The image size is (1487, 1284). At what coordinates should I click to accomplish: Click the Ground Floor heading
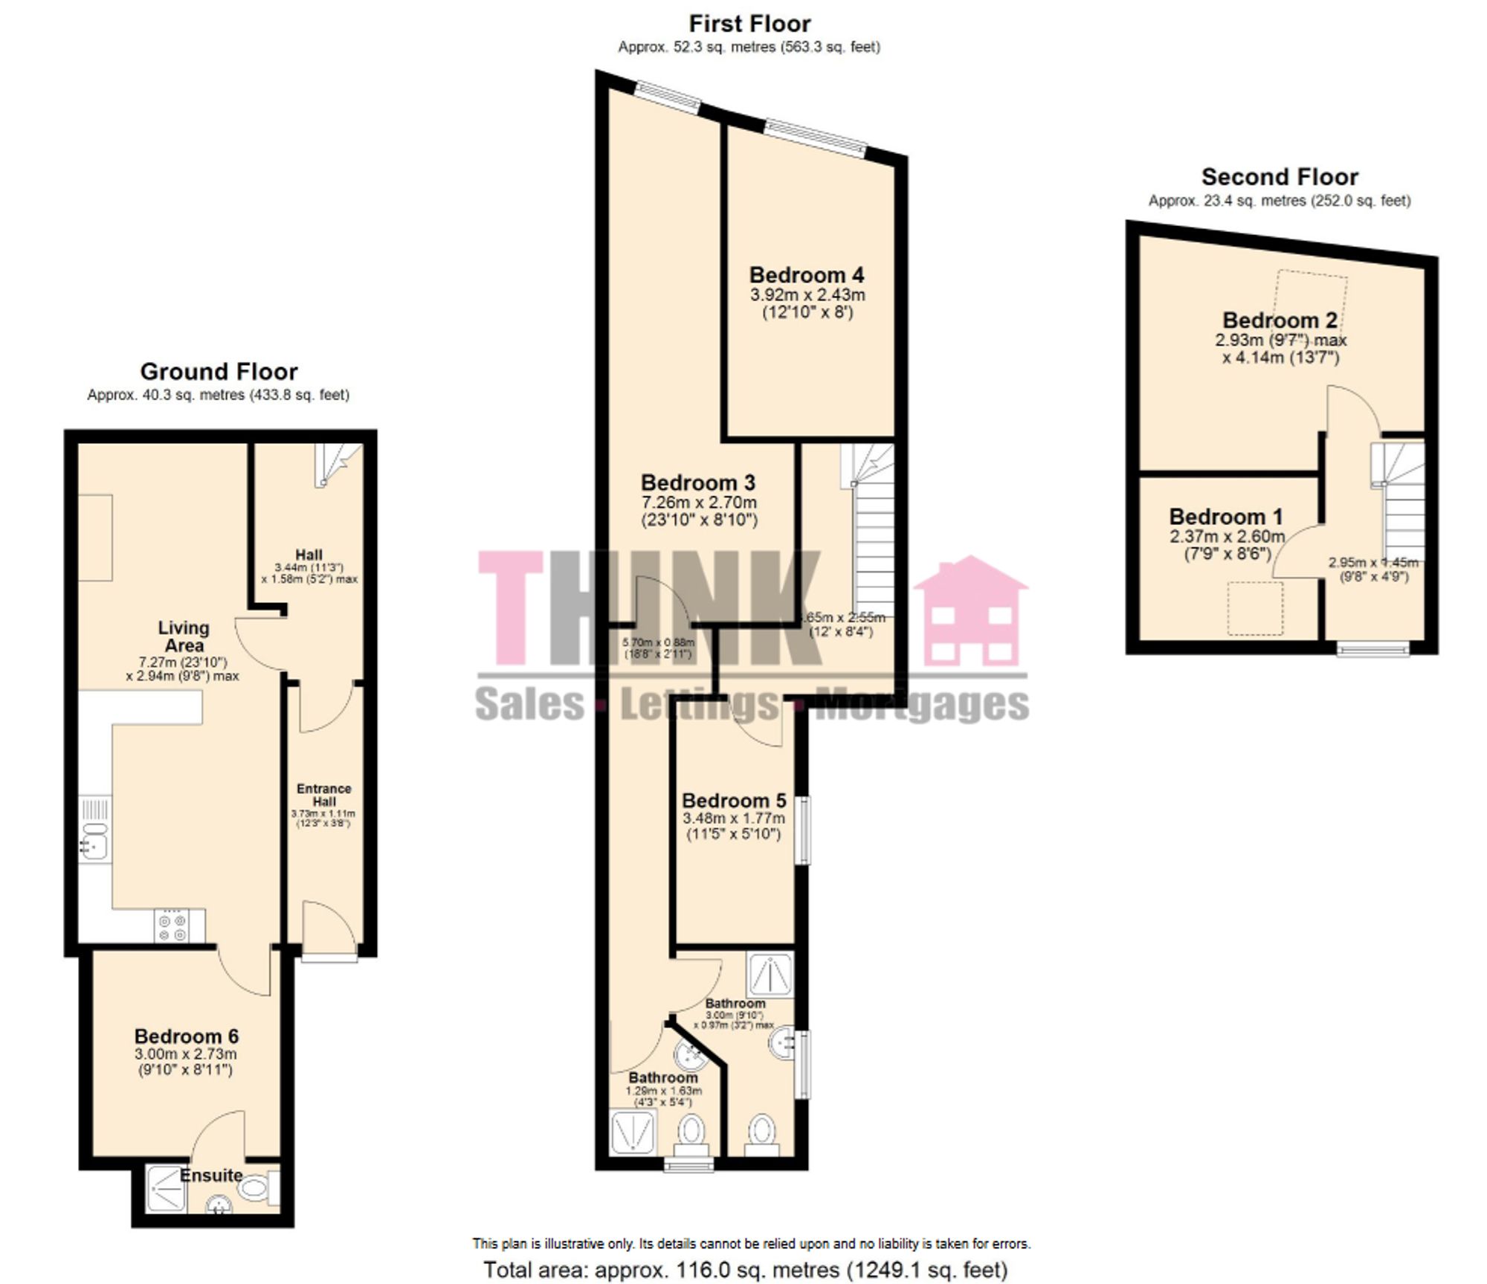pyautogui.click(x=219, y=372)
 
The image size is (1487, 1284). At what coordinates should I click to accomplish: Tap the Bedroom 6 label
pyautogui.click(x=187, y=1036)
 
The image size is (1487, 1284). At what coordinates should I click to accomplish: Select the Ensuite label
pyautogui.click(x=211, y=1175)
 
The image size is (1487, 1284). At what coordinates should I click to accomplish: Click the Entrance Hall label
pyautogui.click(x=323, y=795)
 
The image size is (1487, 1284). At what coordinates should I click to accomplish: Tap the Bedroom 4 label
pyautogui.click(x=807, y=275)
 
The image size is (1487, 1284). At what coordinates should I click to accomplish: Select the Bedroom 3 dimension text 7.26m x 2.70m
pyautogui.click(x=699, y=503)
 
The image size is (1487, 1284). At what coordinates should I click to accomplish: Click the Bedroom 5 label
pyautogui.click(x=734, y=801)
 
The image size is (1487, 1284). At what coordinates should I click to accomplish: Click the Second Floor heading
pyautogui.click(x=1280, y=177)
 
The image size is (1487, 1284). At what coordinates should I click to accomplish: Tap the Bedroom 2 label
pyautogui.click(x=1280, y=320)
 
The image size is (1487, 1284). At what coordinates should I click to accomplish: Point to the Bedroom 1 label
pyautogui.click(x=1226, y=517)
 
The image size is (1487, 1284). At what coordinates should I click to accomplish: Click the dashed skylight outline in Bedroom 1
pyautogui.click(x=1255, y=608)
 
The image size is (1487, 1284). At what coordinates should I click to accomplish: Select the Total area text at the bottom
pyautogui.click(x=746, y=1269)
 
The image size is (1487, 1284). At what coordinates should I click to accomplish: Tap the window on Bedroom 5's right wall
pyautogui.click(x=803, y=830)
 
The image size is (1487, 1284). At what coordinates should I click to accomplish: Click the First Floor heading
pyautogui.click(x=749, y=24)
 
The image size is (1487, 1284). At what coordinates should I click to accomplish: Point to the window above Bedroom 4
pyautogui.click(x=816, y=139)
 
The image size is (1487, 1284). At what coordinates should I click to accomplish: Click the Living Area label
pyautogui.click(x=184, y=636)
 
